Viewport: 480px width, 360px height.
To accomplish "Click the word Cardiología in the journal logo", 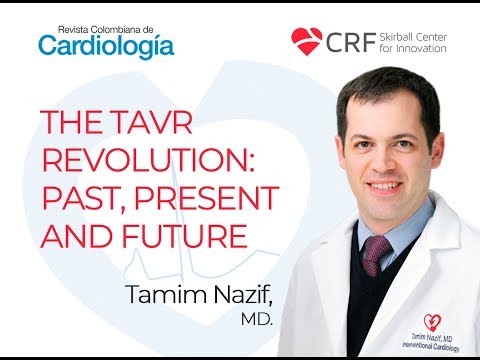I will (x=106, y=45).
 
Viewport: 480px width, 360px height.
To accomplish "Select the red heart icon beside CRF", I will (x=306, y=40).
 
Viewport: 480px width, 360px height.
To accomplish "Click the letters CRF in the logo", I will (x=346, y=40).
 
